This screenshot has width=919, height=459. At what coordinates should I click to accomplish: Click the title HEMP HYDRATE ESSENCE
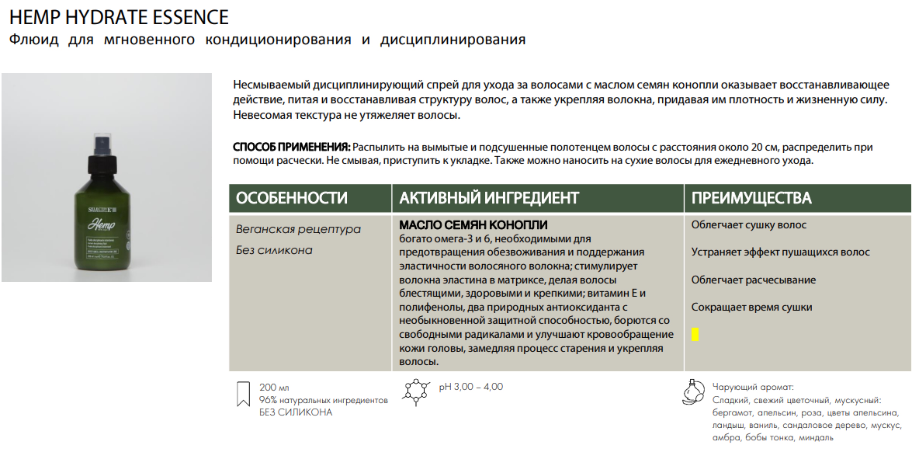click(119, 17)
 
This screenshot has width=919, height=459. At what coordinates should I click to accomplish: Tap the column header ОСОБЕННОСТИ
click(292, 198)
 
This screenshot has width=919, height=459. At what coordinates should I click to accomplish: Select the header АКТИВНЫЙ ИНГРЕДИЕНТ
click(489, 198)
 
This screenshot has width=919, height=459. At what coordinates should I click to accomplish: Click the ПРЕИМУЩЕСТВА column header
click(751, 198)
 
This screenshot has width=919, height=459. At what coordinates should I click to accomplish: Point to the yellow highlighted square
click(695, 334)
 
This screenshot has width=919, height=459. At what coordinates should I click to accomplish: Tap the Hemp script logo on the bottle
click(102, 225)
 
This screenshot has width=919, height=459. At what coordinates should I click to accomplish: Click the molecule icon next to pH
click(416, 392)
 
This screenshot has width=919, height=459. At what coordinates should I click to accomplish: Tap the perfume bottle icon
click(693, 392)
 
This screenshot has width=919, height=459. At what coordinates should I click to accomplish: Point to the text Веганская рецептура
click(298, 229)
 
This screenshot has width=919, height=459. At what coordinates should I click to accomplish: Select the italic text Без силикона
click(274, 250)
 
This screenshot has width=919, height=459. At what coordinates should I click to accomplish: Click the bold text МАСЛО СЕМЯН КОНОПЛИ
click(473, 225)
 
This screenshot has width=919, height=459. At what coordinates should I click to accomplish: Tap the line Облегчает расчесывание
click(753, 280)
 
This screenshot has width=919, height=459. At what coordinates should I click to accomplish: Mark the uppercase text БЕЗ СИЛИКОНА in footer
click(296, 412)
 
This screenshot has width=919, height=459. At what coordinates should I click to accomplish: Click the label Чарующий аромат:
click(753, 387)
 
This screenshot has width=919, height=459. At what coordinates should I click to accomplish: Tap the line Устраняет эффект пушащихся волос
click(780, 252)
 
